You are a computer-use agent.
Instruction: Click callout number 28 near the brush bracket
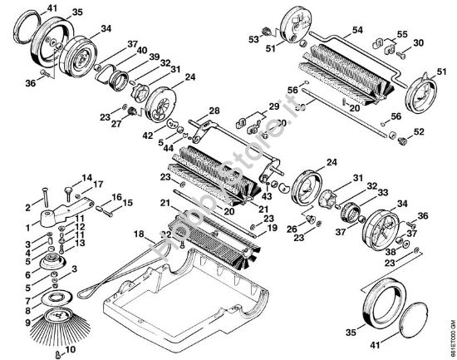(x=214, y=111)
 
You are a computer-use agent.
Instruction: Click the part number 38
(x=389, y=250)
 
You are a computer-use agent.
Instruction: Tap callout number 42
(x=148, y=134)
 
